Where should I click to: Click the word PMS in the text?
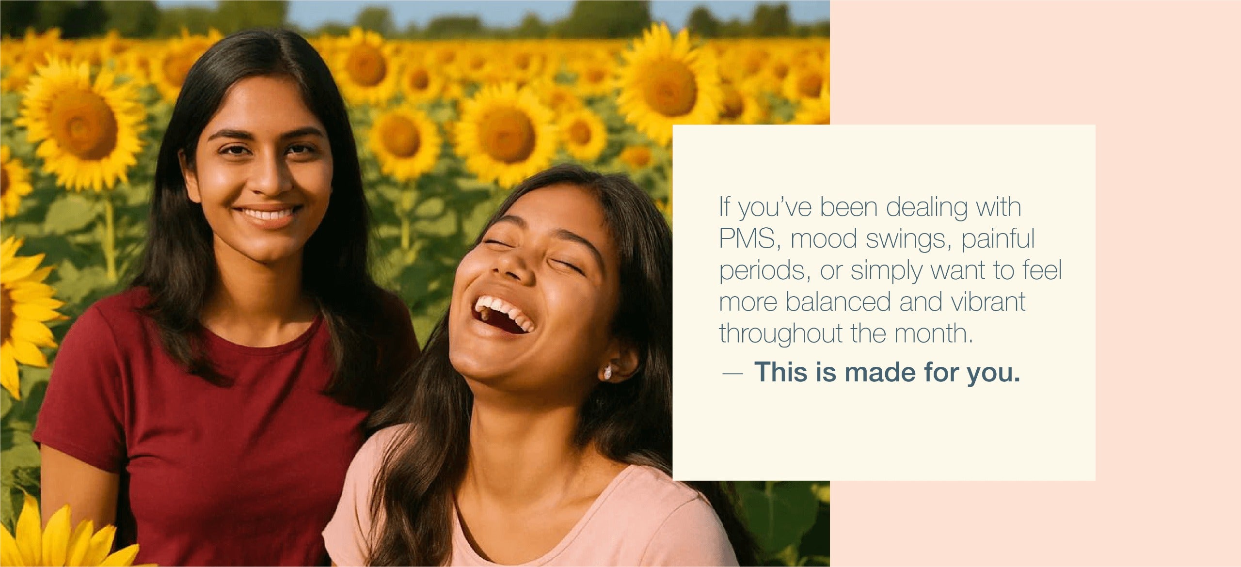coord(747,238)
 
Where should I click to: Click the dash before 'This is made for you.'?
coord(732,374)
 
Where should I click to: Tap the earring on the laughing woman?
coord(607,372)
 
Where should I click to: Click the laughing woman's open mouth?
coord(502,315)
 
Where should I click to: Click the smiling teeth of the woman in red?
coord(267,214)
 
